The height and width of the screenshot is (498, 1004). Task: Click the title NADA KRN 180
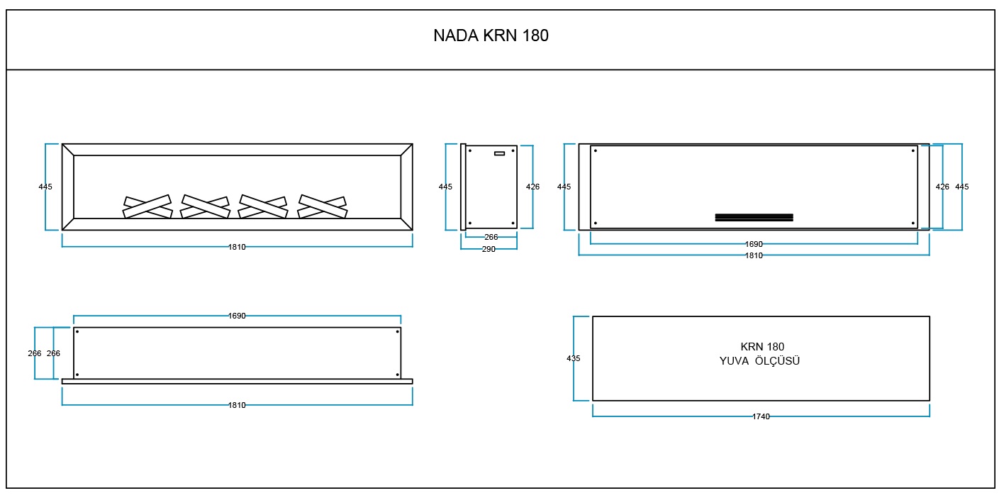point(491,35)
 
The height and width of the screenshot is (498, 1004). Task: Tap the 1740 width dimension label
point(761,416)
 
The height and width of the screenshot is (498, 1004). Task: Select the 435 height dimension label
point(574,358)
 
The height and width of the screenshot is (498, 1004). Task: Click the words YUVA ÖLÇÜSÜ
point(759,361)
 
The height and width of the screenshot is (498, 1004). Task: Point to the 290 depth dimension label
point(489,249)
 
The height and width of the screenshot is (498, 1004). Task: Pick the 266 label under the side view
point(491,237)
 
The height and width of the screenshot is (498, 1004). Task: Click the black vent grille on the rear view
point(754,217)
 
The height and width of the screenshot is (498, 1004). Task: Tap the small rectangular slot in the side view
point(499,153)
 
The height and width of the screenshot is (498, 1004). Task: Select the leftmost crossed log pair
point(147,206)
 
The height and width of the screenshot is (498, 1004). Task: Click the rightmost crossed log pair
point(323,206)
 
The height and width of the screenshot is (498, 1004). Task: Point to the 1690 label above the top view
point(237,316)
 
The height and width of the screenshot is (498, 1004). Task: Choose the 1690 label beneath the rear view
point(754,244)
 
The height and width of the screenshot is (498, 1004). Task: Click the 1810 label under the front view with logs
point(237,247)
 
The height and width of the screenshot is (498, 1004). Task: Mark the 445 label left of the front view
point(45,187)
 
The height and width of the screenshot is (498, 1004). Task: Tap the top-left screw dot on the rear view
point(595,150)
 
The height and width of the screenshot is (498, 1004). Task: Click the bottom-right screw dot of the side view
point(513,223)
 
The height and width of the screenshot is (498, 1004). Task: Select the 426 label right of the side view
point(532,187)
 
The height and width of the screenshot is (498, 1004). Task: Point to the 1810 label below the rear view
point(754,255)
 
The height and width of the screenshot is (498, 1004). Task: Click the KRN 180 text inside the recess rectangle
point(762,346)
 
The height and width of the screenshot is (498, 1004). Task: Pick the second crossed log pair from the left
point(206,206)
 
